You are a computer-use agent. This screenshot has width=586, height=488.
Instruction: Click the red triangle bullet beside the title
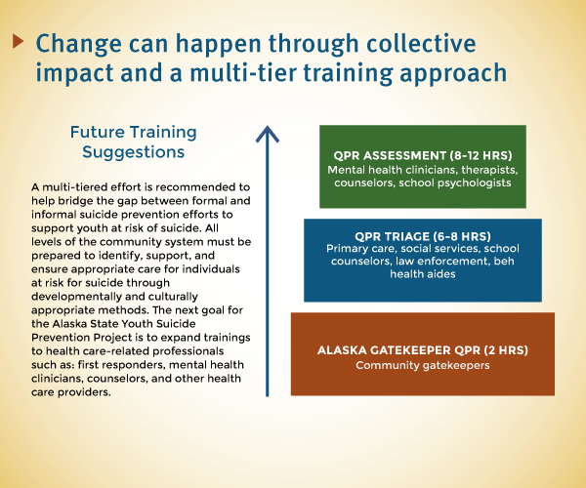18,41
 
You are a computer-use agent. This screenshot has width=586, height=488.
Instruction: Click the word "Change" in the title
79,45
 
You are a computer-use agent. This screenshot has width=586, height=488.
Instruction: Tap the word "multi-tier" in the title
243,72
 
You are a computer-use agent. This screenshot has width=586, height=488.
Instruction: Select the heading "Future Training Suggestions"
134,142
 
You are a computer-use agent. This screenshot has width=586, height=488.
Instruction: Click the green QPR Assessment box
423,167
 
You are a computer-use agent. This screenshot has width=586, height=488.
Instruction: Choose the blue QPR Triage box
423,261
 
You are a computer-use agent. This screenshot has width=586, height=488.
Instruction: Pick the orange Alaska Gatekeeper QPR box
423,354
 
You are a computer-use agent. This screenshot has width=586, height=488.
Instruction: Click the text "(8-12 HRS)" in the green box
481,156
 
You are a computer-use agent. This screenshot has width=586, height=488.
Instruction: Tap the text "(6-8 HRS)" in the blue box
462,236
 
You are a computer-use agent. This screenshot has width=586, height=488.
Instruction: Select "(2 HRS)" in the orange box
506,350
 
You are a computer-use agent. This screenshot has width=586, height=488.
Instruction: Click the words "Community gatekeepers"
423,365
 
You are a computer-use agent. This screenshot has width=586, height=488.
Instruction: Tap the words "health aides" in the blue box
423,274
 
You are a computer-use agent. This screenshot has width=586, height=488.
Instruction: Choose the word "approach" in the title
453,73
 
